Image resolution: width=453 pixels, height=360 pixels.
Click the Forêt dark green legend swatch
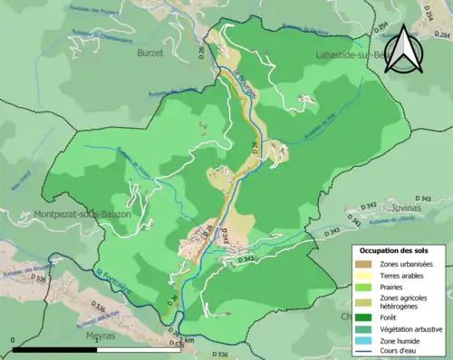[366, 316]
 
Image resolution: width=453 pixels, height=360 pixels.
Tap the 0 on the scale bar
[14, 339]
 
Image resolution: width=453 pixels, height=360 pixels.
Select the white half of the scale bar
[138, 348]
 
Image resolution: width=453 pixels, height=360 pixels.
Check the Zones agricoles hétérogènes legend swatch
[366, 302]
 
